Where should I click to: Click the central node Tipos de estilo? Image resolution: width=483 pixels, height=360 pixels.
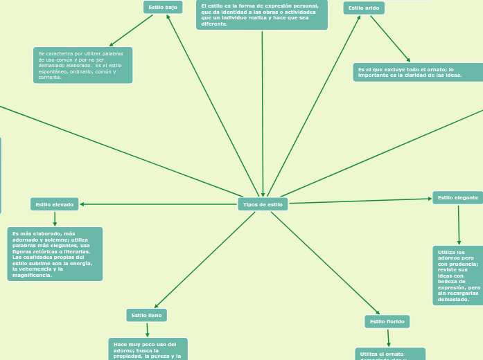[x=263, y=204]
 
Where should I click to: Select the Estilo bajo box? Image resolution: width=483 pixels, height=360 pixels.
[x=163, y=7]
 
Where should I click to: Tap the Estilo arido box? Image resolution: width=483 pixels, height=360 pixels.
[x=364, y=8]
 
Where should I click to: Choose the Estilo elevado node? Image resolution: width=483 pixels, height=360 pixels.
[x=55, y=204]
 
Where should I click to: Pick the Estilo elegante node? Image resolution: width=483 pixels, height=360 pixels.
[x=457, y=197]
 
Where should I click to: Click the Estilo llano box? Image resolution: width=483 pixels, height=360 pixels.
[x=146, y=315]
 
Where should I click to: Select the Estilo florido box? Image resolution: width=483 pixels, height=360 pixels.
[x=387, y=321]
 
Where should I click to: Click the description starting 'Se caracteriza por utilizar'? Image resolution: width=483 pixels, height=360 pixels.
[x=82, y=65]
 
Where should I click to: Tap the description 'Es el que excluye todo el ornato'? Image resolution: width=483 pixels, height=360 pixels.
[x=417, y=72]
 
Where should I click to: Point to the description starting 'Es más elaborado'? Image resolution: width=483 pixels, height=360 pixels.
[x=55, y=254]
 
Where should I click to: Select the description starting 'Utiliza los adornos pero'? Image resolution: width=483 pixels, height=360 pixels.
[x=458, y=275]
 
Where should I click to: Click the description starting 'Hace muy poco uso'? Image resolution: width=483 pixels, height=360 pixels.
[x=148, y=350]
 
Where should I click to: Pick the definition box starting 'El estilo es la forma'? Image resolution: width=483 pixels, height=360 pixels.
[x=262, y=15]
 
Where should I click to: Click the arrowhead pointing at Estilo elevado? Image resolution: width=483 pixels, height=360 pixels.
[x=83, y=204]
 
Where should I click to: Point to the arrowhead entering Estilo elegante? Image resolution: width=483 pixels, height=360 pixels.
[x=429, y=199]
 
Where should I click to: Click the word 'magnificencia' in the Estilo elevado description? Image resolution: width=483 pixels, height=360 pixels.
[x=33, y=275]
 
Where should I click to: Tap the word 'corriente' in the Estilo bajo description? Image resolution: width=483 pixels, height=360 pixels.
[x=50, y=77]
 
